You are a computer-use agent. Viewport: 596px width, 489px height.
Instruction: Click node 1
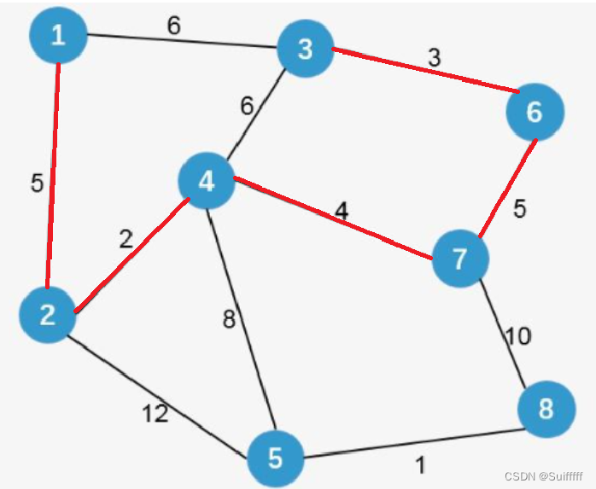58,36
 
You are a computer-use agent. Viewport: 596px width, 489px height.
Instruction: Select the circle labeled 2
48,316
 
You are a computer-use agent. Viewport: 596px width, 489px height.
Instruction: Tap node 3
305,49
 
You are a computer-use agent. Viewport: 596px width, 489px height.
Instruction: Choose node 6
535,112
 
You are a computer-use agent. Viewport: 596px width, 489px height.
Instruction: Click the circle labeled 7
461,259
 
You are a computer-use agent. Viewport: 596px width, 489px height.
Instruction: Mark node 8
546,409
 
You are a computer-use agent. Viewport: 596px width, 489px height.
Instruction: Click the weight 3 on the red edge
434,60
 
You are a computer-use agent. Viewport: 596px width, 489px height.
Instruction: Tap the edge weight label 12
155,415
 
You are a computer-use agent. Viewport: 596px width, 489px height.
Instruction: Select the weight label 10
518,336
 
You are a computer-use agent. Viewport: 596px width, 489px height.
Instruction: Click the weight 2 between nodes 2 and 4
126,240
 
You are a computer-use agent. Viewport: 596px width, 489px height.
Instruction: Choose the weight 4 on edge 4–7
342,211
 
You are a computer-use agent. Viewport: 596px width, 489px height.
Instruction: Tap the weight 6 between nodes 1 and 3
173,26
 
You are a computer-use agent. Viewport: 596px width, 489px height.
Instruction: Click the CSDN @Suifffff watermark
544,476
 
